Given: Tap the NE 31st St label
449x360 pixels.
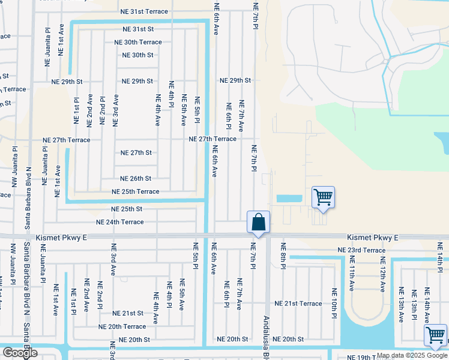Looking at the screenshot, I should coord(138,29).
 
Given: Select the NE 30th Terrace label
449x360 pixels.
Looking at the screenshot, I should coord(138,42).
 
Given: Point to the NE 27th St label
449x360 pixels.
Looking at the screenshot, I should coord(136,152).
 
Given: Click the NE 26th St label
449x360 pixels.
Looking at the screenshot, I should coord(136,179).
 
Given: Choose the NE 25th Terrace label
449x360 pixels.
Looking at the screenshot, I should coord(136,191).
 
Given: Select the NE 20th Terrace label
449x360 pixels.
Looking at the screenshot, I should coord(122,326).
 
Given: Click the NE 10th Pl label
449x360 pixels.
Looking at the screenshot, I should coord(334,303).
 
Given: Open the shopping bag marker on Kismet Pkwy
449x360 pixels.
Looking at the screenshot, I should coord(258,223).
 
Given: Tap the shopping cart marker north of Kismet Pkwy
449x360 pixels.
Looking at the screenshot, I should coord(323,197).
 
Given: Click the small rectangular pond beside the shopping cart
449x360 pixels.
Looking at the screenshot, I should coord(288,198).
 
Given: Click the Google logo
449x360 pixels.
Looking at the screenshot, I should coord(20,353).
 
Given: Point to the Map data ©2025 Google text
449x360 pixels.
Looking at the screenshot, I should coord(412,355).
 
